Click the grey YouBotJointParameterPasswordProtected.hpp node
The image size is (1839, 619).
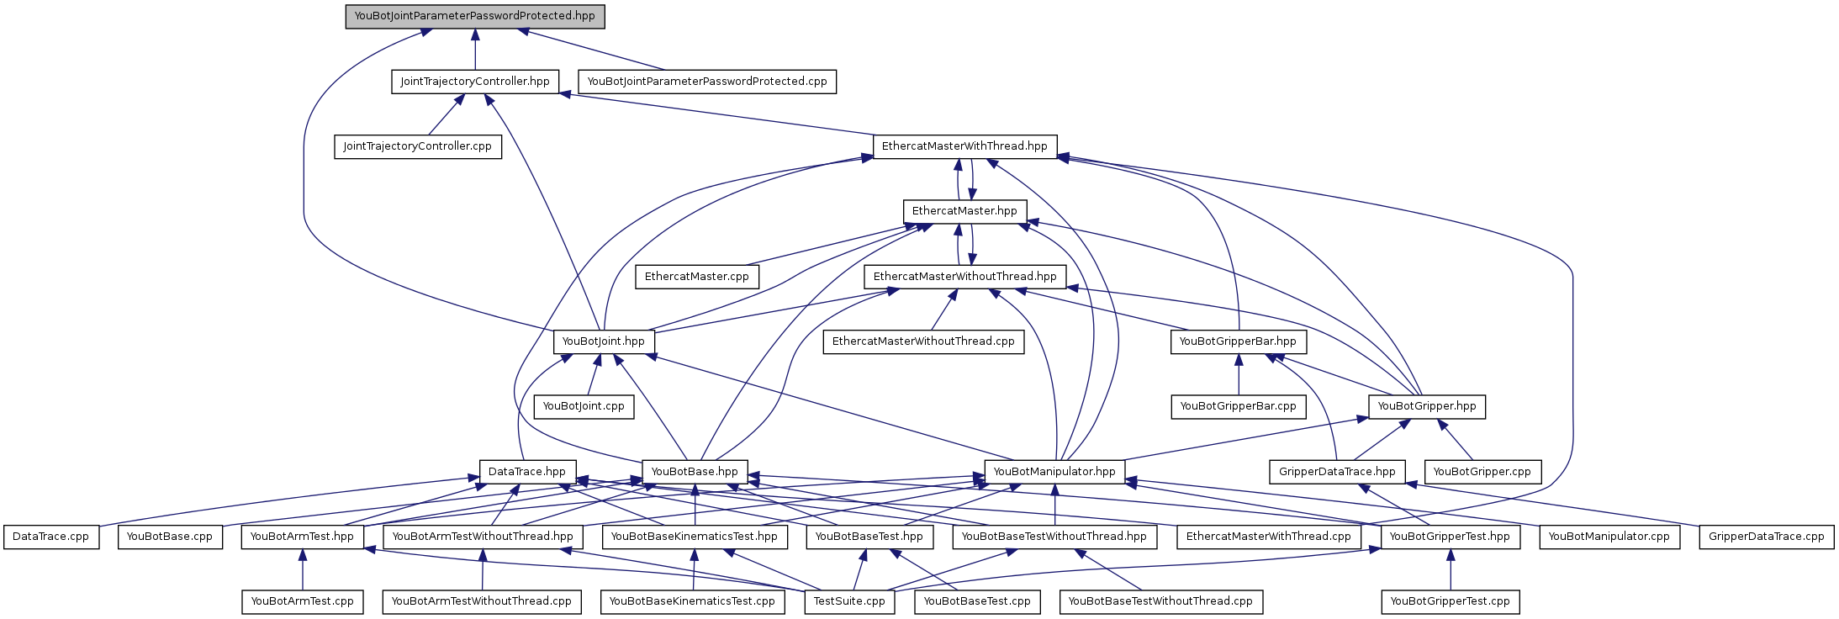pos(474,16)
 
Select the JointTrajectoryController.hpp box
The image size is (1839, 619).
pos(474,82)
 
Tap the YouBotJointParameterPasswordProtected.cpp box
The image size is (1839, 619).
pos(706,82)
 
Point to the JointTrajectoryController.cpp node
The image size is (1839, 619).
pos(417,146)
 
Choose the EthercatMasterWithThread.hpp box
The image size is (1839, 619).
pos(964,146)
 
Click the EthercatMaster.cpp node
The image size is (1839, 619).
pos(696,277)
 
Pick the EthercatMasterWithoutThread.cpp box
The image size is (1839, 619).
pos(922,341)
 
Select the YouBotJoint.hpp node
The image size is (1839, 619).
pos(603,341)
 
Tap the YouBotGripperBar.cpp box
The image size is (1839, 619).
pos(1238,406)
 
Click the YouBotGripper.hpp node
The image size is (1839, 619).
pos(1426,406)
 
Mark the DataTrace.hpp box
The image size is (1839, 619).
pos(526,472)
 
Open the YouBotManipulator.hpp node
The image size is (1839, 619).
pos(1054,472)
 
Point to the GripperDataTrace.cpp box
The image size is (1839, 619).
pos(1766,537)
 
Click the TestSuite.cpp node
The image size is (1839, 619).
pos(849,601)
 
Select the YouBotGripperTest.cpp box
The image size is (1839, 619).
pos(1450,601)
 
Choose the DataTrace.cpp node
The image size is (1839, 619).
pos(50,537)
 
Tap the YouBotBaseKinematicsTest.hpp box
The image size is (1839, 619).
pos(694,537)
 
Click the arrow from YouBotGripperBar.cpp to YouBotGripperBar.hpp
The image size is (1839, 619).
pos(1238,375)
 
